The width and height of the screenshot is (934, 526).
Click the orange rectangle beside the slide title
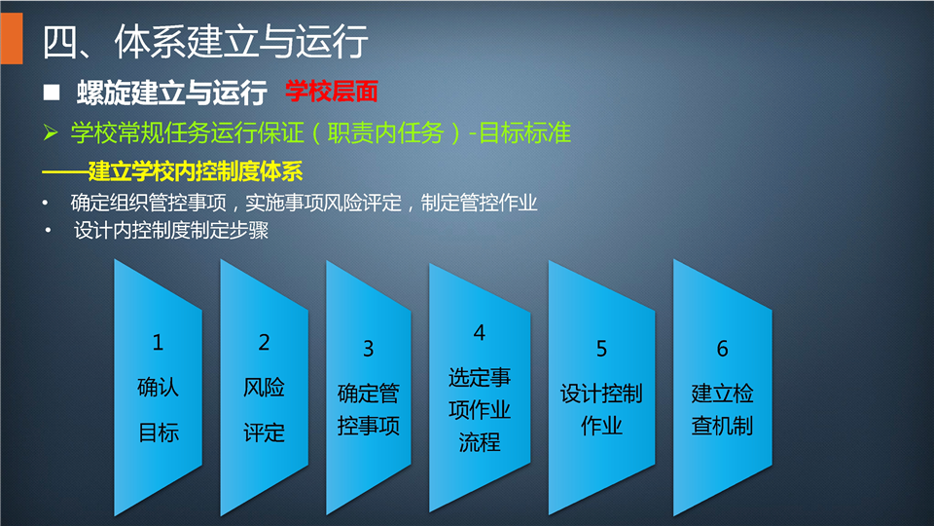click(x=12, y=38)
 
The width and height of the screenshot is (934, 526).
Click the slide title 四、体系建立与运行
click(x=205, y=41)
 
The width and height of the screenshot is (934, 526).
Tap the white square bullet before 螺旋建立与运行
click(x=52, y=92)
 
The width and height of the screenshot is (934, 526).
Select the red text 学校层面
click(x=331, y=92)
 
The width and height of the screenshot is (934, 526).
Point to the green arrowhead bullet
click(x=51, y=132)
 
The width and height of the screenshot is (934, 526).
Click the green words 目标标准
click(x=524, y=133)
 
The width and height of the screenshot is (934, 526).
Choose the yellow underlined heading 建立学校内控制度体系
click(x=196, y=171)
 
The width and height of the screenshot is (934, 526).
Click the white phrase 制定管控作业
click(x=479, y=204)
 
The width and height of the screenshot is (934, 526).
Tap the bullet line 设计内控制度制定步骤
click(x=171, y=230)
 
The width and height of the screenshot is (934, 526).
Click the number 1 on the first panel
click(x=158, y=342)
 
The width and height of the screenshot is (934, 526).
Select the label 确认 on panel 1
click(x=158, y=387)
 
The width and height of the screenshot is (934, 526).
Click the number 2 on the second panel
click(x=264, y=342)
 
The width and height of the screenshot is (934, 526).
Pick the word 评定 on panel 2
click(x=264, y=432)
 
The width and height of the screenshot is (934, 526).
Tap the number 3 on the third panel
click(x=369, y=349)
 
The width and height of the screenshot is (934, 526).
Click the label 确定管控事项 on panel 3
click(x=369, y=410)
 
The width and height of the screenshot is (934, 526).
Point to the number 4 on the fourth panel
click(x=480, y=333)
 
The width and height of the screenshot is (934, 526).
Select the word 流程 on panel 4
click(x=480, y=442)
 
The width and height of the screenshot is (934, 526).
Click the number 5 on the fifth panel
click(x=601, y=349)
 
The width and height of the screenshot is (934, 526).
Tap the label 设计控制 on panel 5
click(x=601, y=394)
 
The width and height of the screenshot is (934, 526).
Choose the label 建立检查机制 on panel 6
click(x=723, y=410)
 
